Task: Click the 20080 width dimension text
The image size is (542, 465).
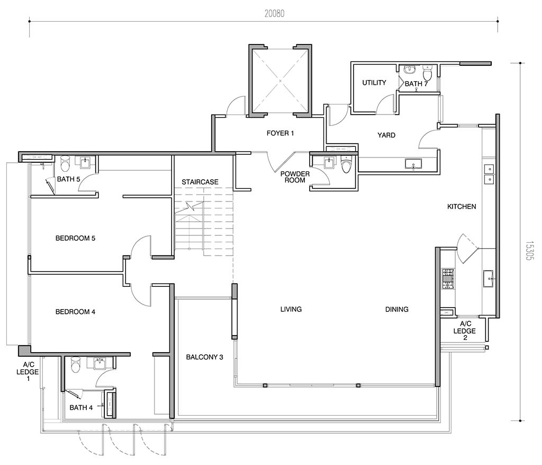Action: (275, 13)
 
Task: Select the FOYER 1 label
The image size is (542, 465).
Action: (281, 133)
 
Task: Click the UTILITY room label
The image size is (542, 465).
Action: (374, 83)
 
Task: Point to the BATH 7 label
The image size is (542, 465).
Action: (416, 84)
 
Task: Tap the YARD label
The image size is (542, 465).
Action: (386, 135)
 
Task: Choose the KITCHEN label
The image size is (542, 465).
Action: (462, 207)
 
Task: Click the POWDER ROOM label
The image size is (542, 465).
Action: (295, 177)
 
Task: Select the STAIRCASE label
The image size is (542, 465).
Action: (200, 182)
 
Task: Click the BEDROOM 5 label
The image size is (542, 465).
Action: (75, 239)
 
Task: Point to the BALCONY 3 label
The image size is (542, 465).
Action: (205, 357)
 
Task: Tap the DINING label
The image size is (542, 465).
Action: (397, 310)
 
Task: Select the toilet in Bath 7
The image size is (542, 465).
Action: (428, 73)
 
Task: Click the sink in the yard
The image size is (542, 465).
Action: (413, 164)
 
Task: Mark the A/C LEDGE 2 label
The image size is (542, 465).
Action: (465, 331)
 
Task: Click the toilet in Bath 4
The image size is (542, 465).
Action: (75, 364)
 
